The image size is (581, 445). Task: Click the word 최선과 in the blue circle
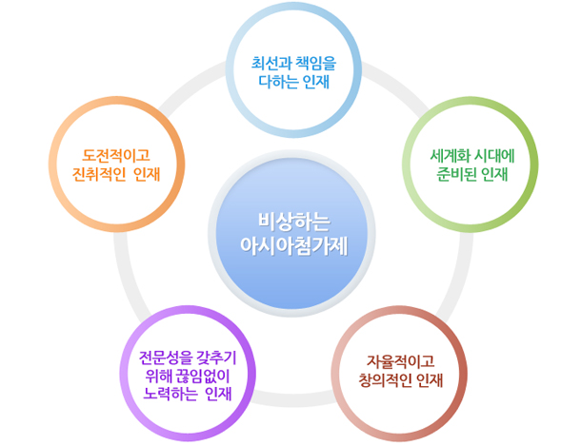(x=271, y=64)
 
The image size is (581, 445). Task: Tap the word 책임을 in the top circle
(x=316, y=64)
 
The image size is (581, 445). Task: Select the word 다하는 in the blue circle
(x=278, y=82)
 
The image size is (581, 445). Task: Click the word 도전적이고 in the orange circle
(x=116, y=155)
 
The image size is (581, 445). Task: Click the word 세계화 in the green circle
(x=450, y=156)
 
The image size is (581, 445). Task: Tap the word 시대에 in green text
(x=494, y=156)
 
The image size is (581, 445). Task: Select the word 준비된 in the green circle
(x=457, y=174)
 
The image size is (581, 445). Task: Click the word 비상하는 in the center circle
(x=294, y=222)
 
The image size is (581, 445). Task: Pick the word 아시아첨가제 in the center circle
(x=294, y=245)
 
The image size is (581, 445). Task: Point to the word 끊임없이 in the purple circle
(x=203, y=376)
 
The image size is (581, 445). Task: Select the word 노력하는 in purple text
(x=170, y=395)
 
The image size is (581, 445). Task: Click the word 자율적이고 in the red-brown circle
(x=401, y=361)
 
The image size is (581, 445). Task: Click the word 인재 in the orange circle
(x=147, y=174)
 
